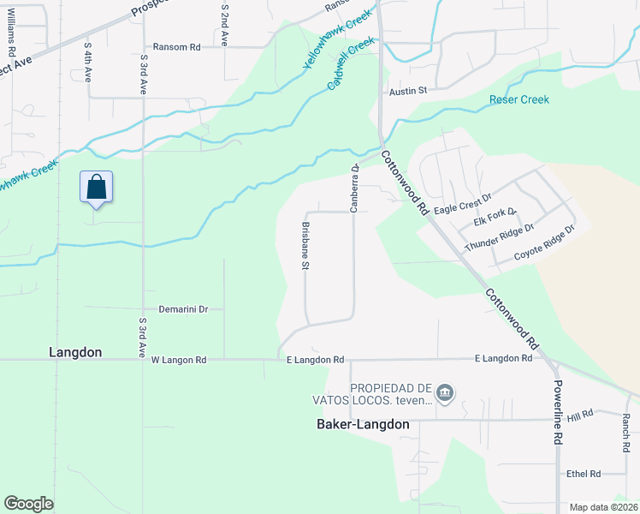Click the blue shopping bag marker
[x=96, y=188]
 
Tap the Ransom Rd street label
[x=176, y=47]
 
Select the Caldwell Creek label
[x=352, y=64]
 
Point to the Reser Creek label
[x=519, y=99]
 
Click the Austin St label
[x=407, y=89]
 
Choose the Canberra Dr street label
[x=353, y=188]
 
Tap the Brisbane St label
[x=305, y=247]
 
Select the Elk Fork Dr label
[x=495, y=218]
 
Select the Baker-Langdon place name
[x=363, y=424]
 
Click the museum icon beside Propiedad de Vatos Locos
[x=444, y=393]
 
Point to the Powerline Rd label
[x=557, y=412]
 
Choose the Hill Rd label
[x=580, y=415]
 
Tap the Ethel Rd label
[x=584, y=473]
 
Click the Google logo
[x=29, y=503]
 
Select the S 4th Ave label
[x=88, y=61]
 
